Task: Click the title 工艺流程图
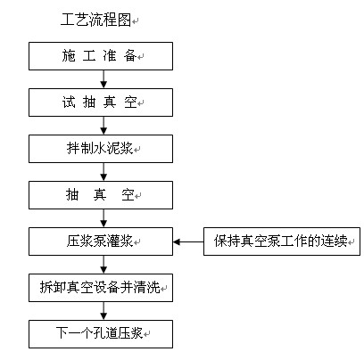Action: [95, 20]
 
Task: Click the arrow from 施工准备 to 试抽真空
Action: [103, 79]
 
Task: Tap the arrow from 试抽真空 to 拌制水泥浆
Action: [103, 126]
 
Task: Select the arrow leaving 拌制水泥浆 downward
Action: [103, 172]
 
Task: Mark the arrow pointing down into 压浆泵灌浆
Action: [103, 218]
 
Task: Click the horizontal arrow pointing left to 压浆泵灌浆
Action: [188, 241]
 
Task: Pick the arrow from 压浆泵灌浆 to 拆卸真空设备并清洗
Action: [103, 265]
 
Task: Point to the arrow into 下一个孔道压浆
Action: [103, 311]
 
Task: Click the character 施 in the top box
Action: [69, 56]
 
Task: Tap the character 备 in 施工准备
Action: [130, 56]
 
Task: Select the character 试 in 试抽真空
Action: [69, 102]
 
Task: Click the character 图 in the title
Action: [124, 20]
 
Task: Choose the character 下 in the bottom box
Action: [62, 333]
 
